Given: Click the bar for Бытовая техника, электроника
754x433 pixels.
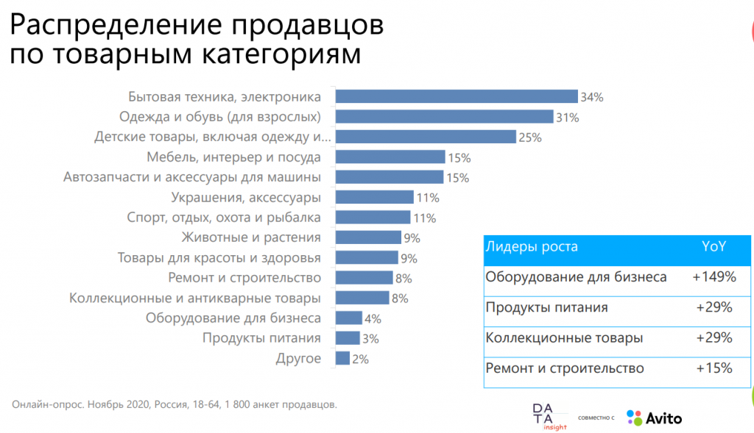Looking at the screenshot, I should click(x=456, y=96).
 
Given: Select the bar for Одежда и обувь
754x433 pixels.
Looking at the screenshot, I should click(x=444, y=116).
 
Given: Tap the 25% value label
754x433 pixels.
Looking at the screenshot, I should click(x=530, y=137).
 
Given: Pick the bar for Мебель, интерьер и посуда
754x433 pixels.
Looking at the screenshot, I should click(x=390, y=157).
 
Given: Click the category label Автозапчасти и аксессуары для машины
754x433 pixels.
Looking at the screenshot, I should click(x=192, y=177).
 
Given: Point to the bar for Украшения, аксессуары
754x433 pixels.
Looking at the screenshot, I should click(x=374, y=197).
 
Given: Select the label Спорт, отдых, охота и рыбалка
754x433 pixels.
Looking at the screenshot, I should click(x=224, y=218).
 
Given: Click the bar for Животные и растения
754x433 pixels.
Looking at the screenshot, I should click(x=368, y=237).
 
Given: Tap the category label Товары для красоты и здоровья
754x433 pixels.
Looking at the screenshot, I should click(x=219, y=258).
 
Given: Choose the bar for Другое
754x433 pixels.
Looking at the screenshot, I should click(x=342, y=358).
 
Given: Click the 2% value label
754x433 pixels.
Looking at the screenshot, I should click(x=360, y=359).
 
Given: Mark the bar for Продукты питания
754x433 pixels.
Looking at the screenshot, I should click(x=348, y=338).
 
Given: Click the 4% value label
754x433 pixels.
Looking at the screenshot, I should click(x=373, y=318).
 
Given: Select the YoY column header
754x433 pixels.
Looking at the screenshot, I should click(x=714, y=247).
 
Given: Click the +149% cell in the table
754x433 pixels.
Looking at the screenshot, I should click(x=714, y=277).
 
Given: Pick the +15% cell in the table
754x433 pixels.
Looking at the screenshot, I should click(x=714, y=368).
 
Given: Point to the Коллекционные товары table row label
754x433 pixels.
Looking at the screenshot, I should click(x=564, y=338).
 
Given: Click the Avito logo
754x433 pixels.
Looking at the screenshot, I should click(x=654, y=418).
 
